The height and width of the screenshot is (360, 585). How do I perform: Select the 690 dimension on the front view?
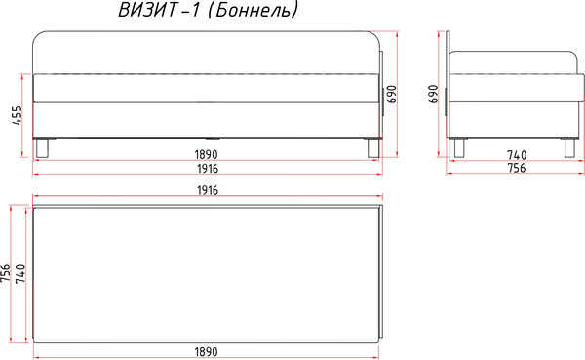click(x=392, y=94)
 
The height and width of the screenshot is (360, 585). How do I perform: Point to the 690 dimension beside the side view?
click(x=434, y=95)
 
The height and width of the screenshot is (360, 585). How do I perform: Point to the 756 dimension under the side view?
click(x=516, y=169)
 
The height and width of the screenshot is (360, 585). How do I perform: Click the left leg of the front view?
click(x=42, y=147)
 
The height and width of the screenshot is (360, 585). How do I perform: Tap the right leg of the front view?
click(x=371, y=147)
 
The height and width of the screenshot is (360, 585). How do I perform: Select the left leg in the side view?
click(x=459, y=147)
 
